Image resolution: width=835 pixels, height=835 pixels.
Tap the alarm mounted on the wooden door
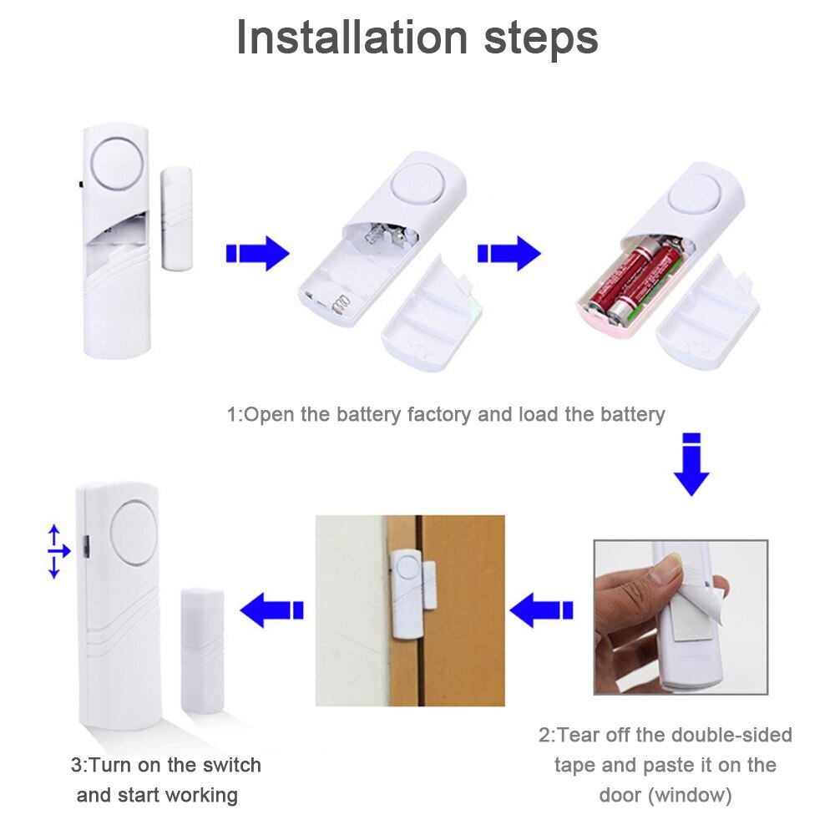pyautogui.click(x=407, y=588)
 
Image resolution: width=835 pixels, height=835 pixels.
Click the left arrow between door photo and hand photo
pyautogui.click(x=541, y=610)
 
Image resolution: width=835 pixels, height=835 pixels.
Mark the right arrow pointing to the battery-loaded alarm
pyautogui.click(x=509, y=253)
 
